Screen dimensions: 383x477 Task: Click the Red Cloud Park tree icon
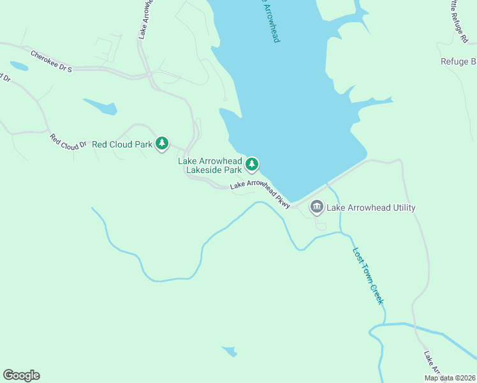pos(163,144)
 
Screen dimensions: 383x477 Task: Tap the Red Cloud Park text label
pos(122,144)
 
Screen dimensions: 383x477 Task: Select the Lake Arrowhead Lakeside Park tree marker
pos(253,165)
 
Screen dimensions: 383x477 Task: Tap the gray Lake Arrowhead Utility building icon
pos(316,207)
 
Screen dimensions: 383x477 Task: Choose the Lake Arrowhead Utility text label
pos(371,207)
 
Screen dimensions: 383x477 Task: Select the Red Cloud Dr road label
pos(68,141)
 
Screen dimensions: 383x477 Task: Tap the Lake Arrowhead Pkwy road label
pos(260,193)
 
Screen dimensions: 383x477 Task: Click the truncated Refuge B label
pos(458,62)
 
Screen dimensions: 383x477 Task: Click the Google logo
pos(21,375)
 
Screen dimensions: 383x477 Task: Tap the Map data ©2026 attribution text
pos(450,378)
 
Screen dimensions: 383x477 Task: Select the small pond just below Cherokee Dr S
pos(18,66)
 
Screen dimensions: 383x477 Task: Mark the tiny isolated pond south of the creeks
pos(230,351)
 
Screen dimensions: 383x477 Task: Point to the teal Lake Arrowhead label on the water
pos(269,20)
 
